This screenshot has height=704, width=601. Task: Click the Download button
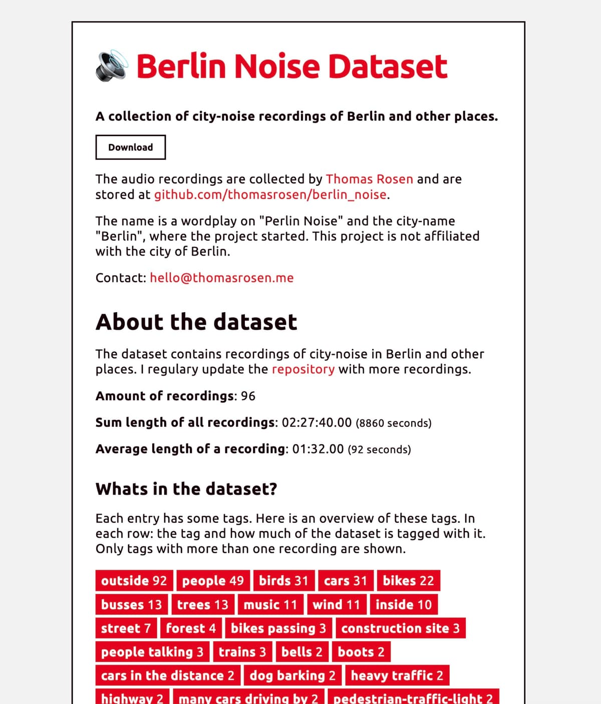[x=130, y=147]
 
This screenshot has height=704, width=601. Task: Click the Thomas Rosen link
[x=369, y=179]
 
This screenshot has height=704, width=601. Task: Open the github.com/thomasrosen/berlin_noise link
[x=270, y=194]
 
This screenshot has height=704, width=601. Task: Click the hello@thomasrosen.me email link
[x=221, y=278]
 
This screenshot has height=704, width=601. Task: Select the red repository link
[x=303, y=369]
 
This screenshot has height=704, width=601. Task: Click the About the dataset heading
[x=196, y=322]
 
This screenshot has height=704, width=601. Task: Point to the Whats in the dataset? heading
[x=186, y=489]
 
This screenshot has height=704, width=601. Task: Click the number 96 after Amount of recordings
[x=248, y=396]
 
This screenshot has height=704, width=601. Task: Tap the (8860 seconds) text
[x=393, y=423]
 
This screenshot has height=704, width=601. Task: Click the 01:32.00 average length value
[x=318, y=449]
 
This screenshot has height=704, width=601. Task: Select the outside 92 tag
[x=134, y=581]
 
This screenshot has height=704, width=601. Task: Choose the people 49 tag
[x=213, y=581]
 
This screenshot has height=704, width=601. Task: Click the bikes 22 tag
[x=408, y=581]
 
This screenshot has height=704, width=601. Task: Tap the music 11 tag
[x=270, y=604]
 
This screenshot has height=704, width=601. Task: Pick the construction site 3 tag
[x=400, y=628]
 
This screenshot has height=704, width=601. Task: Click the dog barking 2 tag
[x=292, y=675]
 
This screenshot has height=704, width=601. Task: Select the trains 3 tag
[x=242, y=652]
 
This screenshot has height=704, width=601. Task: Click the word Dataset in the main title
[x=387, y=67]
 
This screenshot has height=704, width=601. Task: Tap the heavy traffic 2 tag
[x=397, y=675]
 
